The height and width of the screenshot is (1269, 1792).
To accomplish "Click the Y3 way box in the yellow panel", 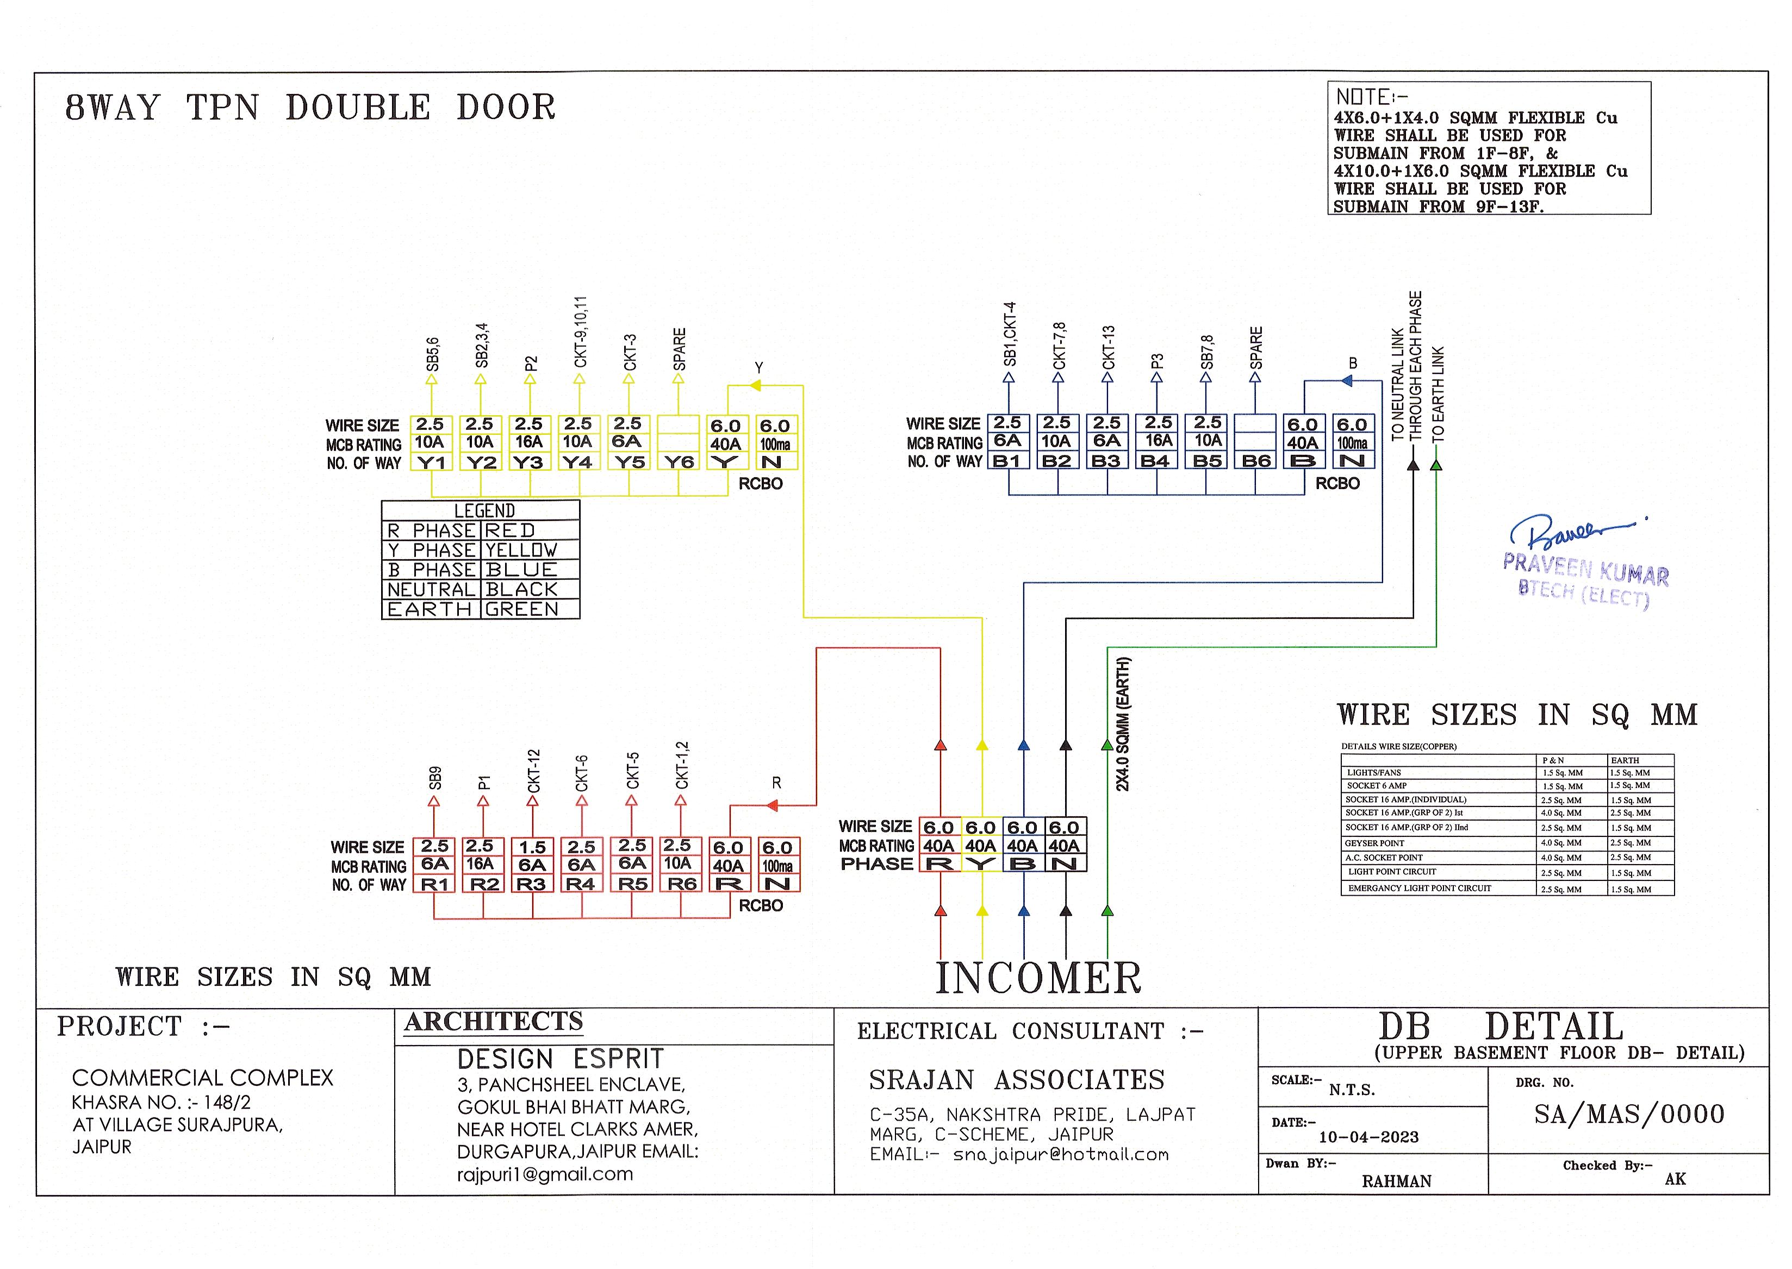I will pyautogui.click(x=528, y=462).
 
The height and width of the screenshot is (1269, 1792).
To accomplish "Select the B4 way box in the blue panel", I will pyautogui.click(x=1156, y=461).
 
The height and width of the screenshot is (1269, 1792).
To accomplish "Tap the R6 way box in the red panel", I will pyautogui.click(x=681, y=884).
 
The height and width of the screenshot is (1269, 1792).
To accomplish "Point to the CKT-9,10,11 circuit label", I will pyautogui.click(x=580, y=332).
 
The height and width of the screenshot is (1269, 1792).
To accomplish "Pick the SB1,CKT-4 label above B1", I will pyautogui.click(x=1010, y=334).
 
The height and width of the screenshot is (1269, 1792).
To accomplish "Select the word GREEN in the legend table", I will pyautogui.click(x=521, y=609).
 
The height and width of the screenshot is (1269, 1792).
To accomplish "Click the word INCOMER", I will pyautogui.click(x=1038, y=978).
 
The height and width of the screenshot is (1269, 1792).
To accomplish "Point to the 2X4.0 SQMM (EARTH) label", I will pyautogui.click(x=1122, y=723).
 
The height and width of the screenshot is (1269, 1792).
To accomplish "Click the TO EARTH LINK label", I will pyautogui.click(x=1438, y=395).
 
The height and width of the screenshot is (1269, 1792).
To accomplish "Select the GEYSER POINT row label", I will pyautogui.click(x=1374, y=843).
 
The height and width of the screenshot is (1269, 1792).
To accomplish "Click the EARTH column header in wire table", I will pyautogui.click(x=1625, y=760).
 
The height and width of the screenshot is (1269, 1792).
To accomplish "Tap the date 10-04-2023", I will pyautogui.click(x=1368, y=1137).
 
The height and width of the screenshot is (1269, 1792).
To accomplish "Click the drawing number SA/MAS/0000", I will pyautogui.click(x=1629, y=1114).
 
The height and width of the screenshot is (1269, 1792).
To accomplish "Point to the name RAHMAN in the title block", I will pyautogui.click(x=1397, y=1182).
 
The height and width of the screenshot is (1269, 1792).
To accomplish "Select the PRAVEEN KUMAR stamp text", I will pyautogui.click(x=1586, y=569).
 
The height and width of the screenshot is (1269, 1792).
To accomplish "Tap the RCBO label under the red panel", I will pyautogui.click(x=761, y=905).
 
